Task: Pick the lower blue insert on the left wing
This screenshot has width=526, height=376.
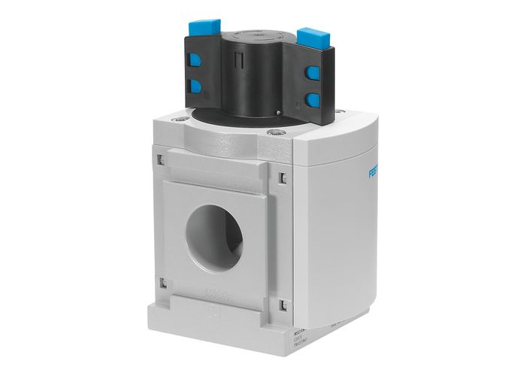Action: [196, 86]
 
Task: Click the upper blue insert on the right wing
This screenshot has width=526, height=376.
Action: [312, 73]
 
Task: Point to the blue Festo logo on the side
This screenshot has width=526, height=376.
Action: [373, 174]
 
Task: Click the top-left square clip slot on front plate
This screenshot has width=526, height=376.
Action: [161, 159]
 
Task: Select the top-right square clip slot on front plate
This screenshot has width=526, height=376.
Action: [282, 177]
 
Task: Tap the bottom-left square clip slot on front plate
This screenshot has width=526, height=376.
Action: [162, 283]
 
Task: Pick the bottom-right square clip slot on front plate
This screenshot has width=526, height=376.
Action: [283, 305]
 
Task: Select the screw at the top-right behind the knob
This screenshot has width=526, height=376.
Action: [339, 112]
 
